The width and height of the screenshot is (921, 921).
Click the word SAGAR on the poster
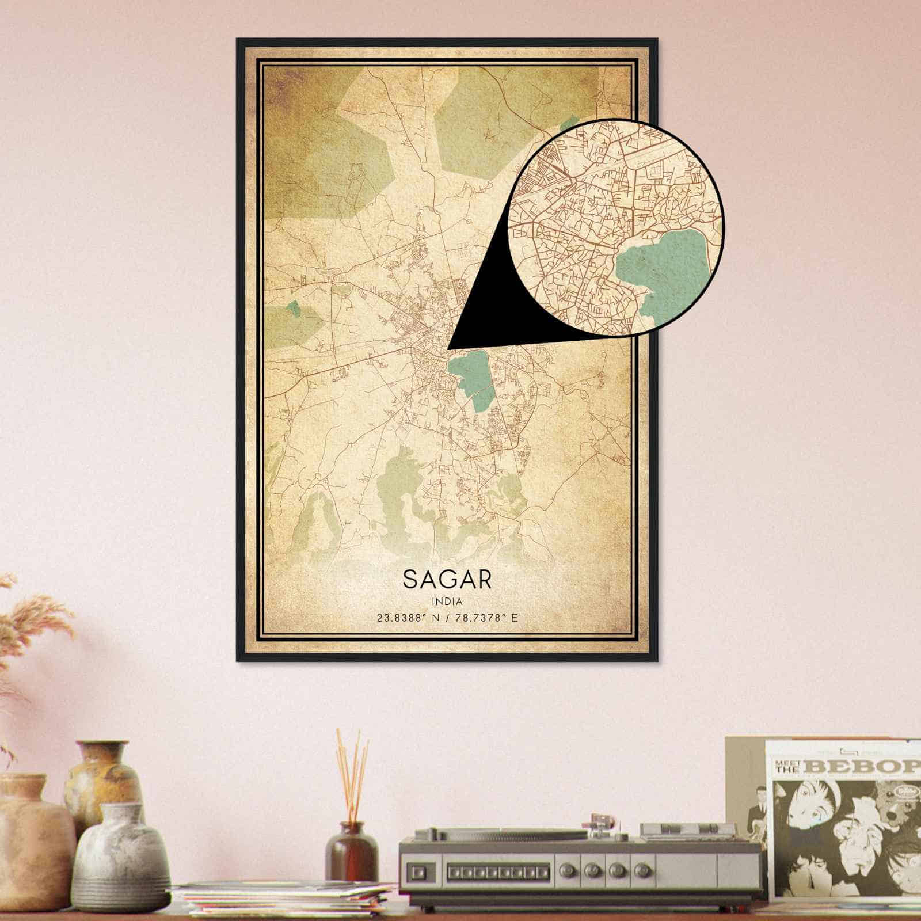(x=447, y=579)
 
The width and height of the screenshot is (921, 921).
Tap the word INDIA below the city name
(x=447, y=601)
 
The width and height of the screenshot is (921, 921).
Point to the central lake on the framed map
(x=470, y=374)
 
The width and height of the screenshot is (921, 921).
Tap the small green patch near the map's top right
(x=570, y=123)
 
